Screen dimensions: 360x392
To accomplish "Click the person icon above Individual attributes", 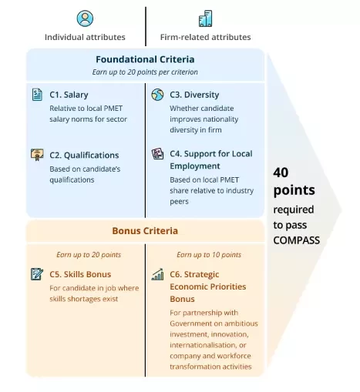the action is click(x=85, y=18).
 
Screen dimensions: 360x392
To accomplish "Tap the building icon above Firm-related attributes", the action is click(x=205, y=18).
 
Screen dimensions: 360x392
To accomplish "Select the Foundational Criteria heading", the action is click(x=145, y=59).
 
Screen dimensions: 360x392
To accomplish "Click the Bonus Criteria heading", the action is click(x=145, y=231).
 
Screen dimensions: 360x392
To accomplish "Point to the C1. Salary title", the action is click(x=69, y=95).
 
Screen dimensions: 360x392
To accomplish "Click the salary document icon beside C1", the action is click(x=37, y=95).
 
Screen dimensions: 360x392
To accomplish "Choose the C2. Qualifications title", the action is click(x=84, y=156).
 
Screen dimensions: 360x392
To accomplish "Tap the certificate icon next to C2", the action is click(x=37, y=155).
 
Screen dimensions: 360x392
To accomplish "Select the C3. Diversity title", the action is click(x=194, y=95).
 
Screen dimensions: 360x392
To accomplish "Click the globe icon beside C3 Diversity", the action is click(x=157, y=95).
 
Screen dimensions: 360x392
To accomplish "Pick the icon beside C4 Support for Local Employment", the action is click(x=157, y=154).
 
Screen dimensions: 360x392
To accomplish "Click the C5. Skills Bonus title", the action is click(x=80, y=274).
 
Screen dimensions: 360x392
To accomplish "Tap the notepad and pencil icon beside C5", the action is click(x=37, y=274).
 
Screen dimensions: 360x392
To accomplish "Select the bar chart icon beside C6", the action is click(x=157, y=274).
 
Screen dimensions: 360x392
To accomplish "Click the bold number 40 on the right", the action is click(x=281, y=173).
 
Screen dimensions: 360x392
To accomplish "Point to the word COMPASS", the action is click(x=296, y=240).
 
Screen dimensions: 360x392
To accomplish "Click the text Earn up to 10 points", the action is click(x=209, y=255).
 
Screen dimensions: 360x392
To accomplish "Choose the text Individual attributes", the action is click(x=85, y=37).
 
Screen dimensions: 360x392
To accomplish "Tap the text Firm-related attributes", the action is click(x=205, y=37).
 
